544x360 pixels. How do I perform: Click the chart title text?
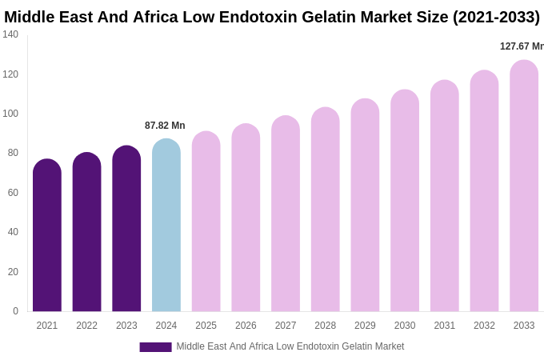[272, 17]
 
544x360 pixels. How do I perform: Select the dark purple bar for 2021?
[47, 235]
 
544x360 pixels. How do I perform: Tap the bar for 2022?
[86, 232]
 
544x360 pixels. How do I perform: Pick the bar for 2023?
[126, 229]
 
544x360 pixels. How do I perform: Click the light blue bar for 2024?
[166, 225]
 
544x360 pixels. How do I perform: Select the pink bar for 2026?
[246, 218]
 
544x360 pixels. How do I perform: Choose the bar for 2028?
[326, 210]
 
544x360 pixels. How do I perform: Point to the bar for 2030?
[405, 201]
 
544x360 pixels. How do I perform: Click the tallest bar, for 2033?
[524, 186]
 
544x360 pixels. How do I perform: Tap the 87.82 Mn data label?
[165, 126]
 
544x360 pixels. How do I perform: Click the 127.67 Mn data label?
[522, 46]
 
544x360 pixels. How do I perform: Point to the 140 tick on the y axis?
[10, 34]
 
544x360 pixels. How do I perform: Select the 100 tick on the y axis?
[10, 114]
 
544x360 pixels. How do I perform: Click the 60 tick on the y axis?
[13, 193]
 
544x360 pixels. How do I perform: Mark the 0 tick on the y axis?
[15, 311]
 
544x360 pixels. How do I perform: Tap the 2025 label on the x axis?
[206, 326]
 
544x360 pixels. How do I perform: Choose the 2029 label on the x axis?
[365, 326]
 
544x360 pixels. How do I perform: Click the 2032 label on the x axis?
[484, 326]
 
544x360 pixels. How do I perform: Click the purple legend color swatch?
[155, 347]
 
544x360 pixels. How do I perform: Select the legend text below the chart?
[290, 346]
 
